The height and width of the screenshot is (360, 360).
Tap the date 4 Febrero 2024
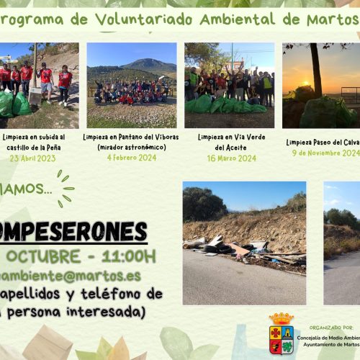(131, 158)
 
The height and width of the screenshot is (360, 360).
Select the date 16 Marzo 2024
(226, 158)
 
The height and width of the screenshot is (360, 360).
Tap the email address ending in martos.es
(68, 276)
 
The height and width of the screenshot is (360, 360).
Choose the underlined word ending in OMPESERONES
(72, 232)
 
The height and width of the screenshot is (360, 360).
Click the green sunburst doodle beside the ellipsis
(64, 187)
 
